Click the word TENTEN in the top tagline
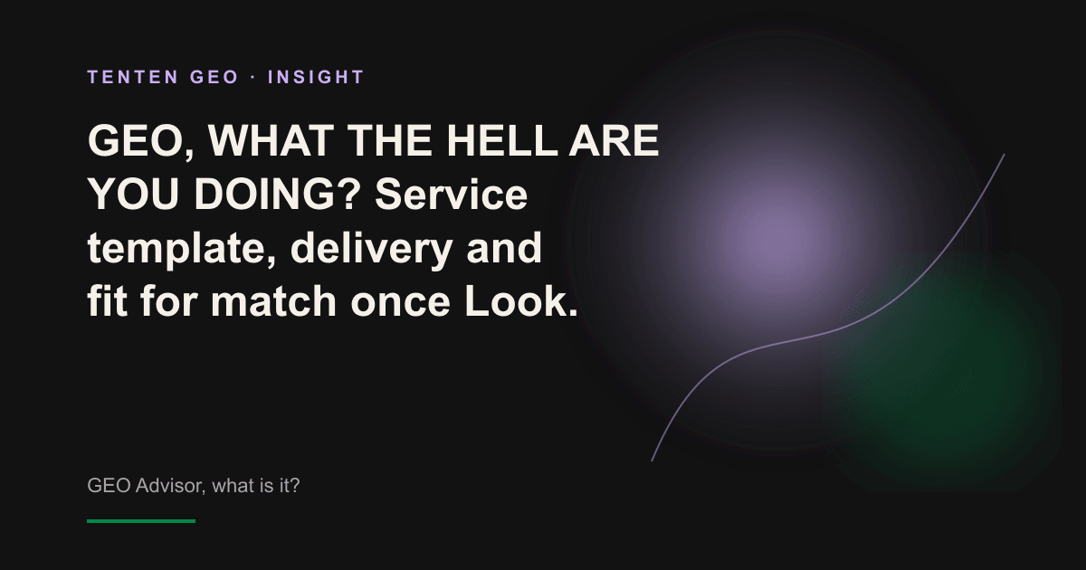(x=133, y=77)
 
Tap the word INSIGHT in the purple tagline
(x=316, y=77)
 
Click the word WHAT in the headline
(x=271, y=140)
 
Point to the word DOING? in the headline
(x=277, y=194)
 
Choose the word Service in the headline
(x=452, y=194)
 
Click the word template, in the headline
(x=182, y=250)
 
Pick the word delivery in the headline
(x=371, y=250)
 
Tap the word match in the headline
(x=273, y=301)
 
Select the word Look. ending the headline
(x=521, y=301)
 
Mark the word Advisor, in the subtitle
(x=170, y=486)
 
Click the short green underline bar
(x=141, y=521)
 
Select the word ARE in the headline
(x=614, y=140)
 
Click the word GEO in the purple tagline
(x=214, y=77)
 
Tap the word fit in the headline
(x=107, y=301)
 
